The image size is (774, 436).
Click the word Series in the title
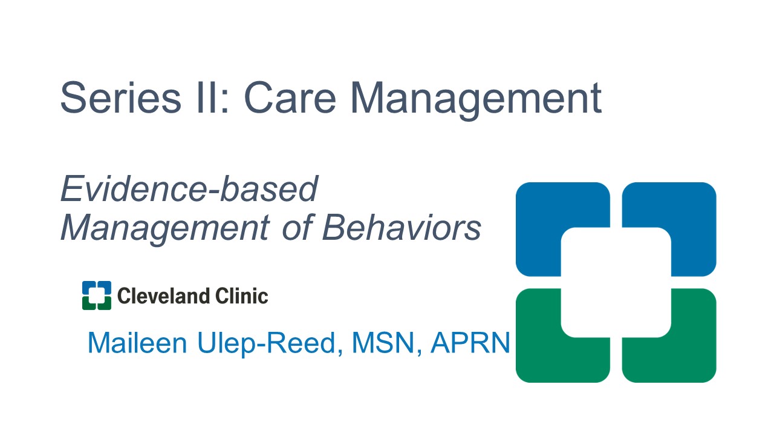120,97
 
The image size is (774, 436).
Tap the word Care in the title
290,97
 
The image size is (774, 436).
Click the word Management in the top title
476,101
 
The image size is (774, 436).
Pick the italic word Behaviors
402,227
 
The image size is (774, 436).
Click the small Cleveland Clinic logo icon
97,296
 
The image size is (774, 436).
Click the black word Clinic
241,296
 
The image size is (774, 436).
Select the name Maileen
137,343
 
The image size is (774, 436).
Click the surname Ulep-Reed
270,344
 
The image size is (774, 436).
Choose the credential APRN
470,343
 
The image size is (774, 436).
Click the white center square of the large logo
616,282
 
